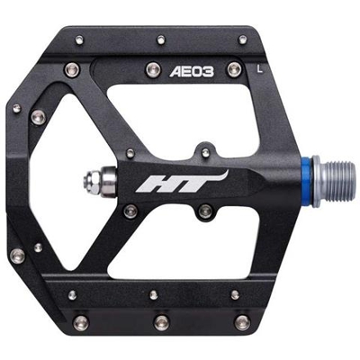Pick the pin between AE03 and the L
[x=235, y=68]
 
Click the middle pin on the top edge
[x=161, y=39]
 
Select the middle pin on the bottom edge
[x=162, y=321]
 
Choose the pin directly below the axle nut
[x=131, y=211]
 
